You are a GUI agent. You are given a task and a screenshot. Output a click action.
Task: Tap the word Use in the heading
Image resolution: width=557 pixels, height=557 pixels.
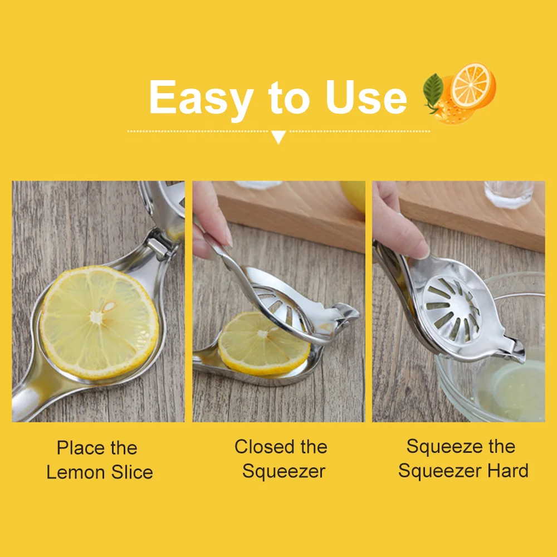click(366, 97)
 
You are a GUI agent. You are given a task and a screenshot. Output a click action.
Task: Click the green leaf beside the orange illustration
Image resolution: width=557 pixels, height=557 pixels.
click(433, 90)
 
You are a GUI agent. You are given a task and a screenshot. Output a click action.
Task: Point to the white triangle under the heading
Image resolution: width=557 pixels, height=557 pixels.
click(278, 137)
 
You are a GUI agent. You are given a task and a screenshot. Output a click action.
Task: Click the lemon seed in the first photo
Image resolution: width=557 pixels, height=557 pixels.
click(109, 306)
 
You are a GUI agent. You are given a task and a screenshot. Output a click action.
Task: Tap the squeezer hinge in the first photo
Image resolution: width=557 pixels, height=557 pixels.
click(160, 248)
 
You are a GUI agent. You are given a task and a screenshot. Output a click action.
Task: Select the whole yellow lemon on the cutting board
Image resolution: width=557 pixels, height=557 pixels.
click(354, 196)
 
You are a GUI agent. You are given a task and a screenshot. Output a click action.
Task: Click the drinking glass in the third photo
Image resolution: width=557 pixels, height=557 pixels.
click(509, 194)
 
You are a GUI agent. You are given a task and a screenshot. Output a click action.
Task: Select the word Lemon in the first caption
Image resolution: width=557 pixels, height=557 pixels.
click(76, 472)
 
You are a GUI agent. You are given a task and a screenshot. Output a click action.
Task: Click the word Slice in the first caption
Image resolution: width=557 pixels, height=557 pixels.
click(132, 472)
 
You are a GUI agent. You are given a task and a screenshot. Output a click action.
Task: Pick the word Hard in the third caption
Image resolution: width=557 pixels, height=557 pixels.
click(508, 471)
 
